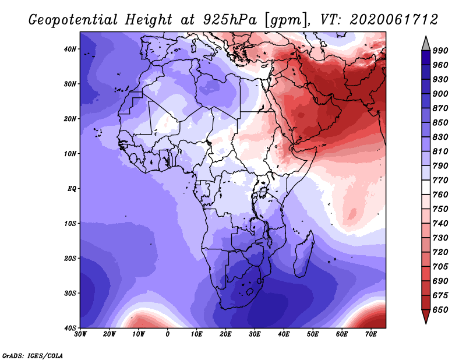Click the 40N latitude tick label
click(x=70, y=49)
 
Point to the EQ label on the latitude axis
click(x=72, y=189)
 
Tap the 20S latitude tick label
click(x=70, y=258)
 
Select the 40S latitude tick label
click(x=70, y=328)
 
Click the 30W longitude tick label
click(x=80, y=334)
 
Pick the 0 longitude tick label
click(x=168, y=334)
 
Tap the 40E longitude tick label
click(x=284, y=334)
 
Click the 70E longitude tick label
click(x=371, y=334)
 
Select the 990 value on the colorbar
click(x=440, y=51)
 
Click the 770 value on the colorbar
click(x=440, y=180)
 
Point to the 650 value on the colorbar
click(x=440, y=310)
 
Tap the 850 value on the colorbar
click(x=440, y=122)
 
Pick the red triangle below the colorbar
click(x=426, y=316)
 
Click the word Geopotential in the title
click(x=73, y=20)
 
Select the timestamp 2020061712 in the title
click(x=394, y=20)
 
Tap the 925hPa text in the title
click(x=230, y=20)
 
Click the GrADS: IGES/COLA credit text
click(x=33, y=355)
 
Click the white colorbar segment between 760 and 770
click(x=426, y=188)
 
